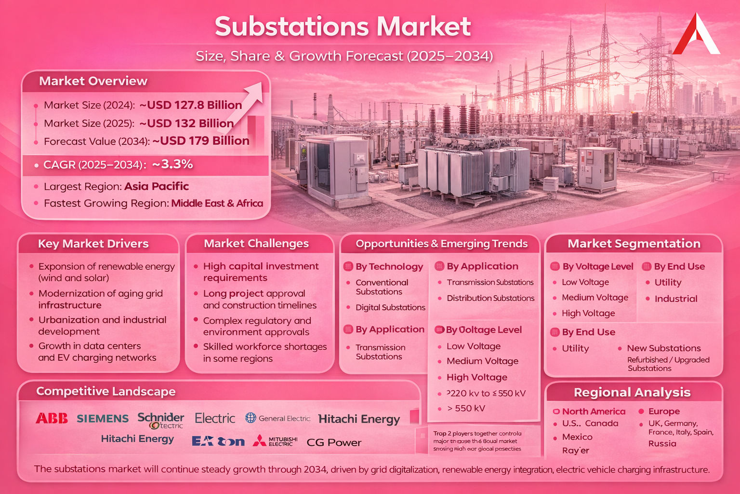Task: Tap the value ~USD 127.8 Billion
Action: coord(191,105)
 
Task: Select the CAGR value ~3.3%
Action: coord(172,165)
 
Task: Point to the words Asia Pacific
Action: coord(157,186)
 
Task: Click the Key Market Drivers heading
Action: coord(93,244)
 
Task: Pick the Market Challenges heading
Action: coord(256,244)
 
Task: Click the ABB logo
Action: coord(52,418)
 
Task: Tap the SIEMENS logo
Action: coord(103,419)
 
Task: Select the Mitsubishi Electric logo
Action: coord(276,441)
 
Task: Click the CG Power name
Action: coord(334,442)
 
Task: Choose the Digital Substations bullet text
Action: coord(390,307)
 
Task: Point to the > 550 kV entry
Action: coord(466,408)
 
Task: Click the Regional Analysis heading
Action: coord(632,393)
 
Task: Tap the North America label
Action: coord(594,412)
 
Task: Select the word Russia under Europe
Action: coord(662,443)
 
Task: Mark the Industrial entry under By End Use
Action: coord(675,299)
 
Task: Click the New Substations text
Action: coord(663,348)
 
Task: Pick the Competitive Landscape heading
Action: coord(106,391)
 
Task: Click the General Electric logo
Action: coord(278,418)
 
